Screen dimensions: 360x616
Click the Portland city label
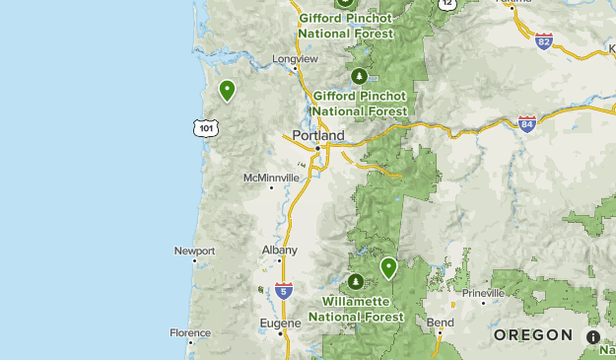pyautogui.click(x=318, y=135)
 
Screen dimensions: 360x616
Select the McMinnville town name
pyautogui.click(x=270, y=178)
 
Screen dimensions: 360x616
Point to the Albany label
pyautogui.click(x=280, y=251)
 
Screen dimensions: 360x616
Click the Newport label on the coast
pyautogui.click(x=194, y=252)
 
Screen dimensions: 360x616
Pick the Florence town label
pyautogui.click(x=190, y=333)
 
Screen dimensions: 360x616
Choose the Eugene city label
pyautogui.click(x=280, y=323)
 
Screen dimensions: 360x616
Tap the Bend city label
pyautogui.click(x=441, y=323)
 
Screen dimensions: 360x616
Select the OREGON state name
pyautogui.click(x=533, y=335)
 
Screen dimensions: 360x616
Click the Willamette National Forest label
pyautogui.click(x=356, y=309)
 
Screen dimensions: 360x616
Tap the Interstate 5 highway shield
pyautogui.click(x=284, y=290)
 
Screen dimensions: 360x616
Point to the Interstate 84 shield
pyautogui.click(x=527, y=123)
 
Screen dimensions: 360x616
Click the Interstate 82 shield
pyautogui.click(x=544, y=41)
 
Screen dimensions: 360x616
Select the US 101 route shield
pyautogui.click(x=204, y=128)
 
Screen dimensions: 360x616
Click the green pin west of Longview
pyautogui.click(x=228, y=91)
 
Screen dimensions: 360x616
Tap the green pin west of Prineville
pyautogui.click(x=388, y=267)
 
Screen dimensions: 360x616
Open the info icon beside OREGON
pyautogui.click(x=593, y=337)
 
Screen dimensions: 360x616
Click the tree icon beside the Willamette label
pyautogui.click(x=355, y=282)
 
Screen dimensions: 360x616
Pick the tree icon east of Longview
pyautogui.click(x=359, y=76)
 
